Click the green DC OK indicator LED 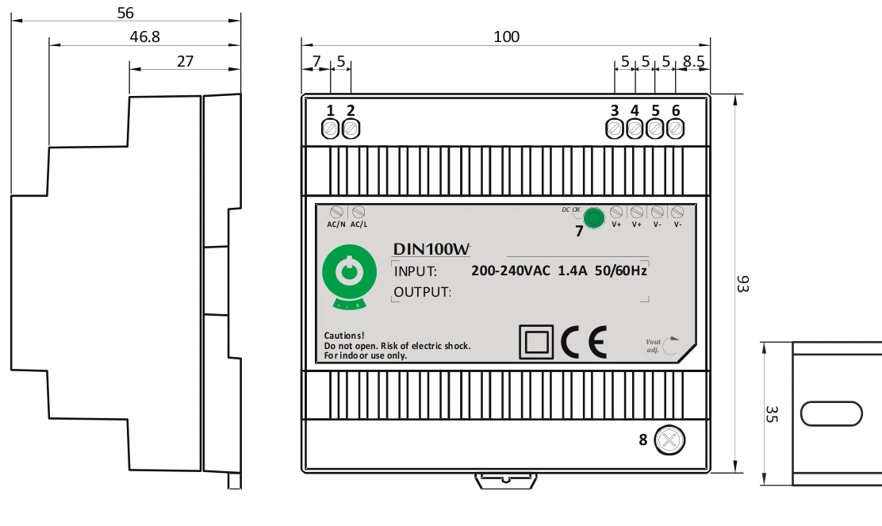[592, 217]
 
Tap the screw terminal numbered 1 [331, 128]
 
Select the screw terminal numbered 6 [675, 128]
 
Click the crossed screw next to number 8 [669, 440]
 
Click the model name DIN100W [431, 249]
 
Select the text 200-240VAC [510, 271]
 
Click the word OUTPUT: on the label [423, 292]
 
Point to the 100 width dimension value [506, 36]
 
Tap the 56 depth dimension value [125, 13]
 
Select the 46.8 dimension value [144, 36]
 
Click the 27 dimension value [185, 61]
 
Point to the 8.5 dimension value [692, 61]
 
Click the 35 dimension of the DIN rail [771, 413]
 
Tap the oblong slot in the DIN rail [831, 413]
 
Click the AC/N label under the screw [336, 224]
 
